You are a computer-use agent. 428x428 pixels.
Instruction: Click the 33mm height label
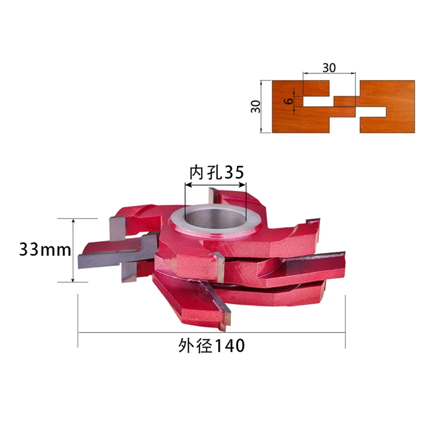pos(45,250)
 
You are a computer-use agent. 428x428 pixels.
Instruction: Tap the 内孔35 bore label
pos(217,172)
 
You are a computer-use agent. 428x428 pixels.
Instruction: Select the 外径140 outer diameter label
pos(211,345)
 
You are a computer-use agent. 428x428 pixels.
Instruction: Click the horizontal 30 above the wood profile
pos(329,68)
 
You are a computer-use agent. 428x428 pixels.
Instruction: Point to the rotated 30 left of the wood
pos(256,107)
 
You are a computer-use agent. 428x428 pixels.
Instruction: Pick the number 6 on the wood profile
pos(288,101)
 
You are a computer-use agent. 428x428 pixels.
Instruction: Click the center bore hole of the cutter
pos(215,217)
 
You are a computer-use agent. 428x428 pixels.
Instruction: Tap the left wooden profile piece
pos(314,107)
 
